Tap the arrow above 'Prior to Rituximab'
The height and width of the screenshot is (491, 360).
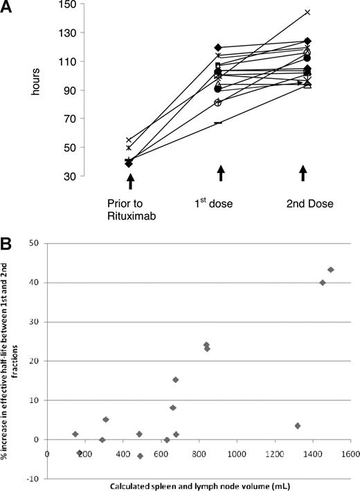coord(129,181)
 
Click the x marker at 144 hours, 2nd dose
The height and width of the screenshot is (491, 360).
coord(307,12)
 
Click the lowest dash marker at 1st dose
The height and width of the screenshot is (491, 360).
coord(219,123)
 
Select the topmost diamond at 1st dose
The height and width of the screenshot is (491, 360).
coord(219,48)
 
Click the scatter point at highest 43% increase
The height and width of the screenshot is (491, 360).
coord(330,269)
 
